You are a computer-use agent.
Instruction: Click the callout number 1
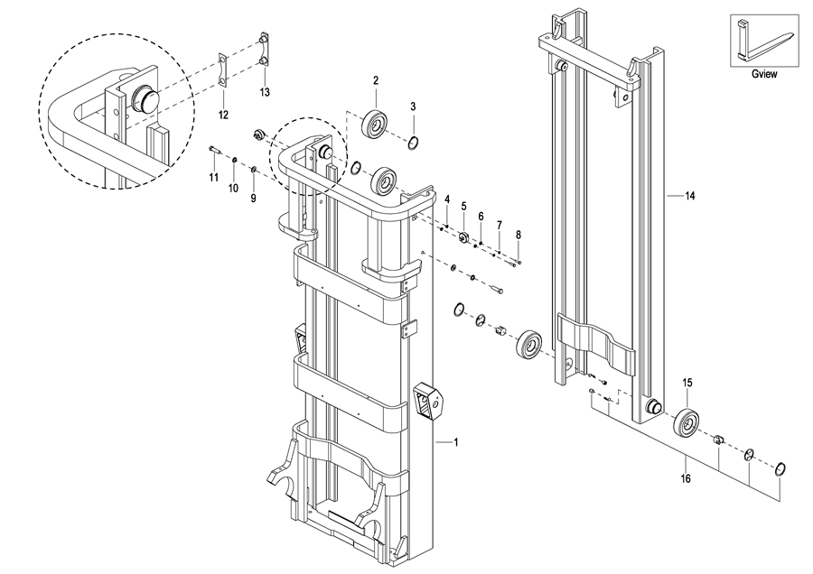(456, 442)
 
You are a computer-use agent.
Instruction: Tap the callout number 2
(376, 80)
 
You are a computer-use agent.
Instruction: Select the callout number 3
(413, 106)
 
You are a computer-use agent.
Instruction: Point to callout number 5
(464, 206)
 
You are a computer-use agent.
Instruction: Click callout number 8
(519, 235)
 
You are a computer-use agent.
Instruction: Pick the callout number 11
(214, 178)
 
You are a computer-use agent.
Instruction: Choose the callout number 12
(223, 115)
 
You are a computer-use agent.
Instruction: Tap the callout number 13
(265, 92)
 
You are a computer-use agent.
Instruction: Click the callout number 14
(689, 196)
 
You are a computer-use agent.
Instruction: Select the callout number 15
(687, 383)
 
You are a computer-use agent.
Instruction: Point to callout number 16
(686, 478)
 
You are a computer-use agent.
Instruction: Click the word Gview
(764, 74)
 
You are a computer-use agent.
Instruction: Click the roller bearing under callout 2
(375, 124)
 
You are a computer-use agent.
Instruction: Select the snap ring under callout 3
(413, 142)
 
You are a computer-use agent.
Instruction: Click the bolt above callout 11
(215, 150)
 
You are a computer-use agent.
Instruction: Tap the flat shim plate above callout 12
(224, 69)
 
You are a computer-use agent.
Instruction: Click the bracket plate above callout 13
(265, 51)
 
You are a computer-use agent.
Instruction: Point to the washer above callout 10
(234, 159)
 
